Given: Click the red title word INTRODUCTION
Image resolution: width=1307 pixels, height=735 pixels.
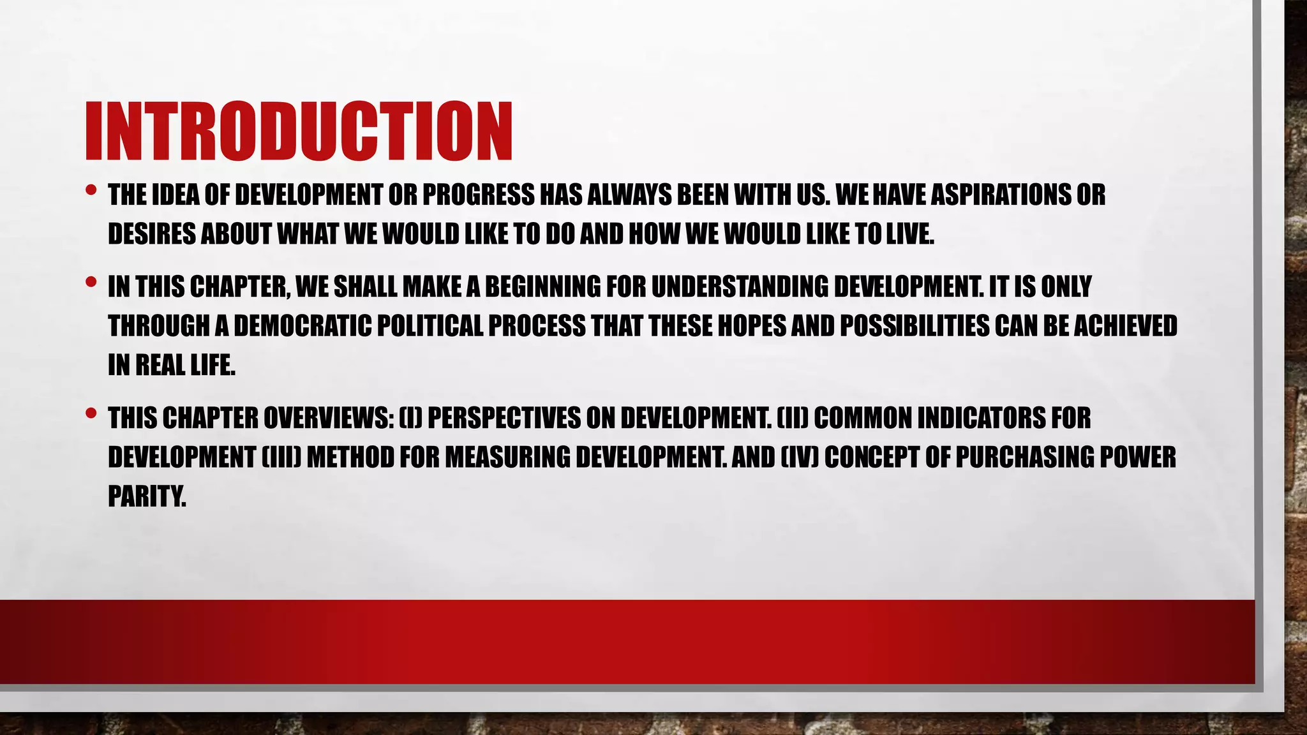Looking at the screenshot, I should coord(299,131).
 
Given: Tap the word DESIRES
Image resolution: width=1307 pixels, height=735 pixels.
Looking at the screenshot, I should coord(151,235).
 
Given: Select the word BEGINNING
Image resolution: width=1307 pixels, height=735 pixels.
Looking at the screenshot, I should coord(542,287).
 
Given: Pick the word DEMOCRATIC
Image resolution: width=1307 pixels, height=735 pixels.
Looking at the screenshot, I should coord(302,327).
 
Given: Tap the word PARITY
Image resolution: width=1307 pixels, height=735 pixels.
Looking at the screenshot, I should coord(146,497).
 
